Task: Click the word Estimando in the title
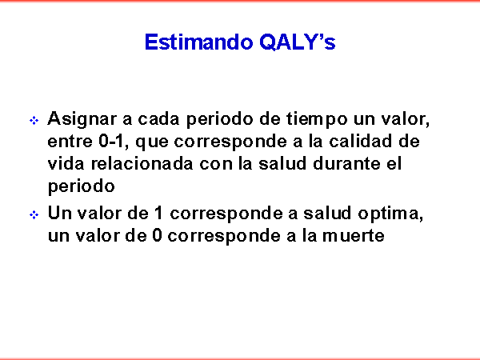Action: point(199,42)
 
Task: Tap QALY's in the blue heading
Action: point(298,42)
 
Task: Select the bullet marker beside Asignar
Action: point(34,120)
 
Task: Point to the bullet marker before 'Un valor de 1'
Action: point(34,215)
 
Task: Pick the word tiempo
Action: point(317,119)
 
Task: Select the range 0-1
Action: point(111,141)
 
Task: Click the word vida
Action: point(66,164)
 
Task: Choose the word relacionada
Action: point(142,164)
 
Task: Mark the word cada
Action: point(158,118)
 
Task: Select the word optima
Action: point(390,214)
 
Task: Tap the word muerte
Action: point(354,236)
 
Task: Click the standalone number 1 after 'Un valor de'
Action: point(158,213)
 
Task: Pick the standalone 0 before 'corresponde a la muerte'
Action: point(157,236)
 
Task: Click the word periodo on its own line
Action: point(81,186)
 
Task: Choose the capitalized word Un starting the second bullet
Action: point(59,213)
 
